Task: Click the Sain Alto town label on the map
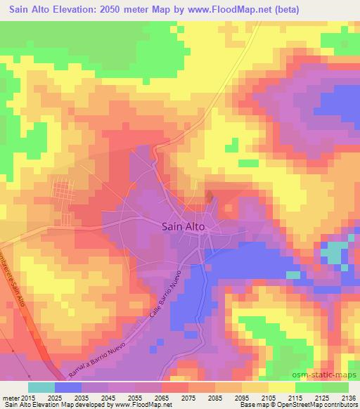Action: pyautogui.click(x=184, y=226)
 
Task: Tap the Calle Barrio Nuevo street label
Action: pyautogui.click(x=167, y=296)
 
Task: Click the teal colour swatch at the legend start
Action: pyautogui.click(x=41, y=387)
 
